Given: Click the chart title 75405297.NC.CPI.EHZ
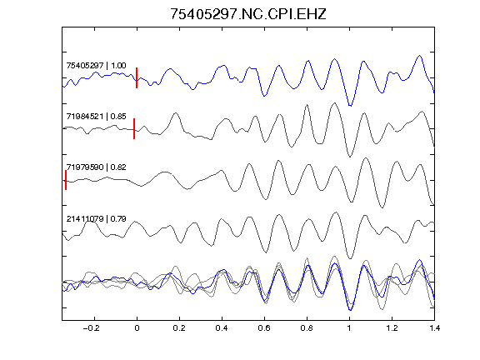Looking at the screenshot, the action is pyautogui.click(x=248, y=14).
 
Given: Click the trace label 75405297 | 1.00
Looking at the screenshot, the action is pyautogui.click(x=96, y=66).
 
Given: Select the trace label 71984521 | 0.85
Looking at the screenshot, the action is pyautogui.click(x=96, y=117).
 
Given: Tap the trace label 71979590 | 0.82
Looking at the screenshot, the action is pyautogui.click(x=96, y=167).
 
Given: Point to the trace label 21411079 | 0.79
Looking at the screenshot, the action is pyautogui.click(x=96, y=219).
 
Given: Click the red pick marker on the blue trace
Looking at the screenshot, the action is pyautogui.click(x=137, y=77).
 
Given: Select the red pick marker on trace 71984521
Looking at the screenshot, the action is pyautogui.click(x=134, y=128).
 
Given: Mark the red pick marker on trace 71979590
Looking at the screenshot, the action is pyautogui.click(x=66, y=180).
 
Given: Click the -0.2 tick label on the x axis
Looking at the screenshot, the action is pyautogui.click(x=92, y=328).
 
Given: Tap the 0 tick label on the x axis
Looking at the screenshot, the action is pyautogui.click(x=137, y=328).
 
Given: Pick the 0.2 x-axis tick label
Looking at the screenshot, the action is pyautogui.click(x=179, y=328).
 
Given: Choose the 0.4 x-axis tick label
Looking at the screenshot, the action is pyautogui.click(x=222, y=328).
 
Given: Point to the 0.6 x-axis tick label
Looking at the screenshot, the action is pyautogui.click(x=264, y=328).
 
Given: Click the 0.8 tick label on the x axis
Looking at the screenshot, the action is pyautogui.click(x=307, y=328).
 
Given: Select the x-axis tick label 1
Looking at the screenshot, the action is pyautogui.click(x=349, y=328).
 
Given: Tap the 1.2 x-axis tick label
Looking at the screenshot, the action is pyautogui.click(x=392, y=328).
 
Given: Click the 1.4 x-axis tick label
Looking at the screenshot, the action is pyautogui.click(x=434, y=328).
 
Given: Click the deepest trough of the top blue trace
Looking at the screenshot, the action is pyautogui.click(x=350, y=106).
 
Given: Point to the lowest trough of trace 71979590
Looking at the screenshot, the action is pyautogui.click(x=382, y=207).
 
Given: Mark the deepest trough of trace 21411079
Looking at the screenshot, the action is pyautogui.click(x=350, y=258).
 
